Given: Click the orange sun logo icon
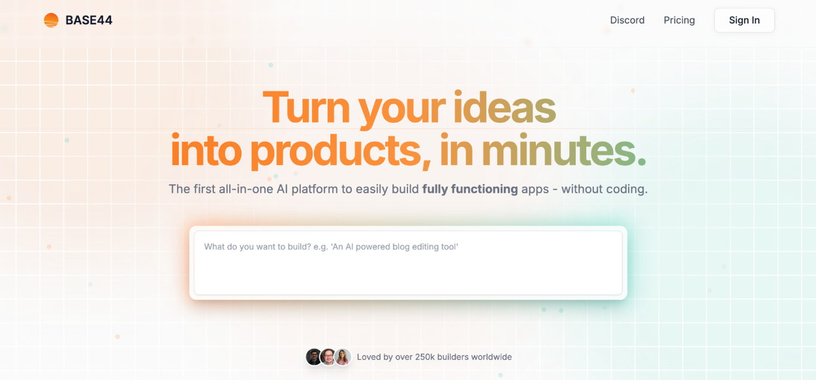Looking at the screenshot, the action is click(51, 20).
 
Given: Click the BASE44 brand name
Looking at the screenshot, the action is click(89, 20).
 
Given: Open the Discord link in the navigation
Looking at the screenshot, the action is click(627, 20).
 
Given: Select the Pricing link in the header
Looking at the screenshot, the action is click(679, 20).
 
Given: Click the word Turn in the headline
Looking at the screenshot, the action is click(306, 108).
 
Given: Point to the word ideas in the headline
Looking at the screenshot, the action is click(505, 107).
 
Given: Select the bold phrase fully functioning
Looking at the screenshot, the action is click(470, 189).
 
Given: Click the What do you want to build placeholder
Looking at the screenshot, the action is click(331, 247).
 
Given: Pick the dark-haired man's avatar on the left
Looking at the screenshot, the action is click(313, 356).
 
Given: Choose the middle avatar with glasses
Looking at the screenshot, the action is click(328, 356).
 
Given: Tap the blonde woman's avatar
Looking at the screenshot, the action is click(343, 356).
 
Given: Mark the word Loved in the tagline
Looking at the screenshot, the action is click(369, 357).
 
